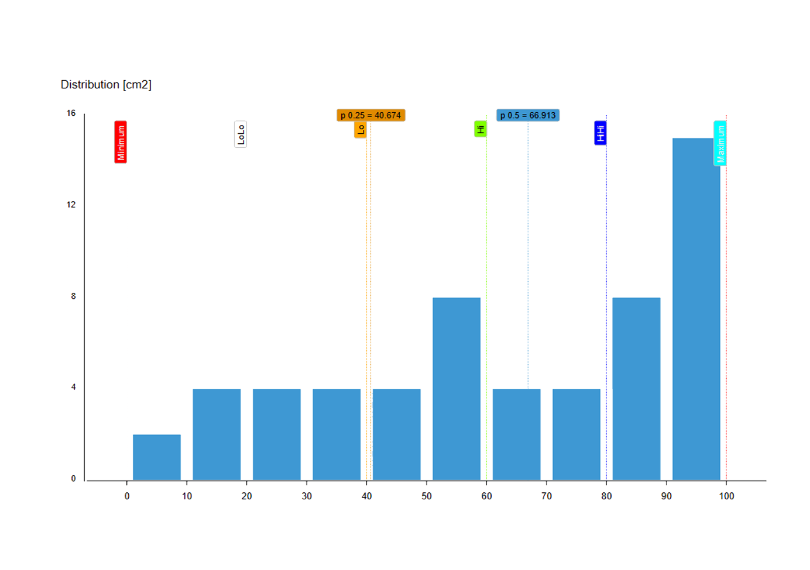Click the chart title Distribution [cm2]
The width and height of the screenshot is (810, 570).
[106, 85]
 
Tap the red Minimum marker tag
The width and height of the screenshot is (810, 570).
[121, 142]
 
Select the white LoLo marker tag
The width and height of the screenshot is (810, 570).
[241, 134]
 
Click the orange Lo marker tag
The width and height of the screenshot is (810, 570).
[361, 129]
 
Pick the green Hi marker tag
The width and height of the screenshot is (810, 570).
[480, 129]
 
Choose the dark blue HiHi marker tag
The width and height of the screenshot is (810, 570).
[600, 133]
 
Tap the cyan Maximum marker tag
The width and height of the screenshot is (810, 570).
[720, 143]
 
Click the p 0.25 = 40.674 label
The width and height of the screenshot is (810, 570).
[370, 115]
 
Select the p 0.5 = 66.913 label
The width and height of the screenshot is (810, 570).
[528, 115]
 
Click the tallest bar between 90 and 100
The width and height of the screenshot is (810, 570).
[696, 309]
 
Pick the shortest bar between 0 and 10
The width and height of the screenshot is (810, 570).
[157, 457]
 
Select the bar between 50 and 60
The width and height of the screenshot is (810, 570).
[457, 389]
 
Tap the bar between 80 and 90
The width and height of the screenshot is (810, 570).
[636, 389]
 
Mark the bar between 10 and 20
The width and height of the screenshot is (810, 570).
[217, 434]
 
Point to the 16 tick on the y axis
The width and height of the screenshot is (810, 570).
[71, 113]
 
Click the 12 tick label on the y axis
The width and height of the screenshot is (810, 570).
[71, 205]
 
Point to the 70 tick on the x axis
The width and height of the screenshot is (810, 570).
[547, 496]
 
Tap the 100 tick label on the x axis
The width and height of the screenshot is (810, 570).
[726, 496]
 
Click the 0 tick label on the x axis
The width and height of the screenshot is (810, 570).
[127, 496]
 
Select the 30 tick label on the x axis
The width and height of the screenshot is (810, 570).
[307, 496]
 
